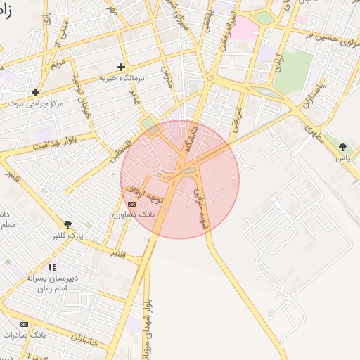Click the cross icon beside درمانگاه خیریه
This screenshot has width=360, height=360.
121,67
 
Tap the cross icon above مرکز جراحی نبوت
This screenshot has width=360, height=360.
35,92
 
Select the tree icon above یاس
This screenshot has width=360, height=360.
342,147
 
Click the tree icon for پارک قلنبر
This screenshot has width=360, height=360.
68,224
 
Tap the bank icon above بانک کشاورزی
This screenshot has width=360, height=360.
132,204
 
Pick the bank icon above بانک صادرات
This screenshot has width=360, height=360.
25,324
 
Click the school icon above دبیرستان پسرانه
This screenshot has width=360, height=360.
52,267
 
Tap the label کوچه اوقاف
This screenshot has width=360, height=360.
144,195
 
